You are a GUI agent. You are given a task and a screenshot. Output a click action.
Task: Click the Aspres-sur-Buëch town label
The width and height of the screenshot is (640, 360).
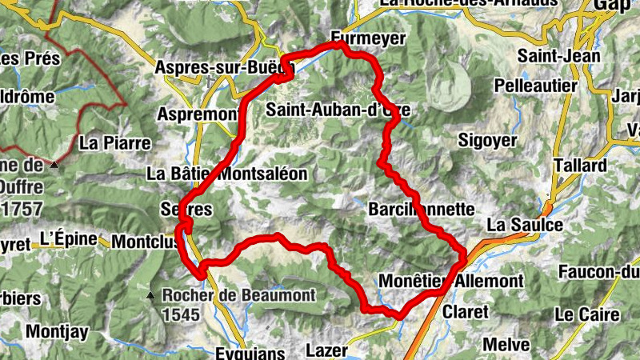(x=224, y=67)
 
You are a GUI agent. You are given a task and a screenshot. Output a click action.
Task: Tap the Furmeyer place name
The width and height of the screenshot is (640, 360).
(x=369, y=38)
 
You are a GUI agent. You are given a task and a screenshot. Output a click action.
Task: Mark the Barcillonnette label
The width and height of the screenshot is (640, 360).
(x=422, y=209)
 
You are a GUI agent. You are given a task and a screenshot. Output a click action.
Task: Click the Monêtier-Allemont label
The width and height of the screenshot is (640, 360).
(x=450, y=282)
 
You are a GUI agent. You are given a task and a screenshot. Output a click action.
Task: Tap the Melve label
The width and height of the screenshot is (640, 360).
(x=507, y=345)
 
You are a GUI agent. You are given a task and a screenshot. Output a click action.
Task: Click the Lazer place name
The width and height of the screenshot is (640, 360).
(x=326, y=350)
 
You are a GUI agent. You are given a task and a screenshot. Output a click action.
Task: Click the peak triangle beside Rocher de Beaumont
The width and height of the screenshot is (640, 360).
(x=150, y=297)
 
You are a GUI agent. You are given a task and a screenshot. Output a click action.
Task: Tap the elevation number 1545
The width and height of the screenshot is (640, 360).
(x=180, y=314)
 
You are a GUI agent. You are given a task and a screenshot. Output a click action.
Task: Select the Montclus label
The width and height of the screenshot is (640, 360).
(x=143, y=241)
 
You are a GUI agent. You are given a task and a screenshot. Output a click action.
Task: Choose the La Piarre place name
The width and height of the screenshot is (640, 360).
(x=115, y=144)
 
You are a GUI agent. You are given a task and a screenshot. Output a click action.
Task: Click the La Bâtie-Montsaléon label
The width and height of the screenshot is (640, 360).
(x=227, y=174)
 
